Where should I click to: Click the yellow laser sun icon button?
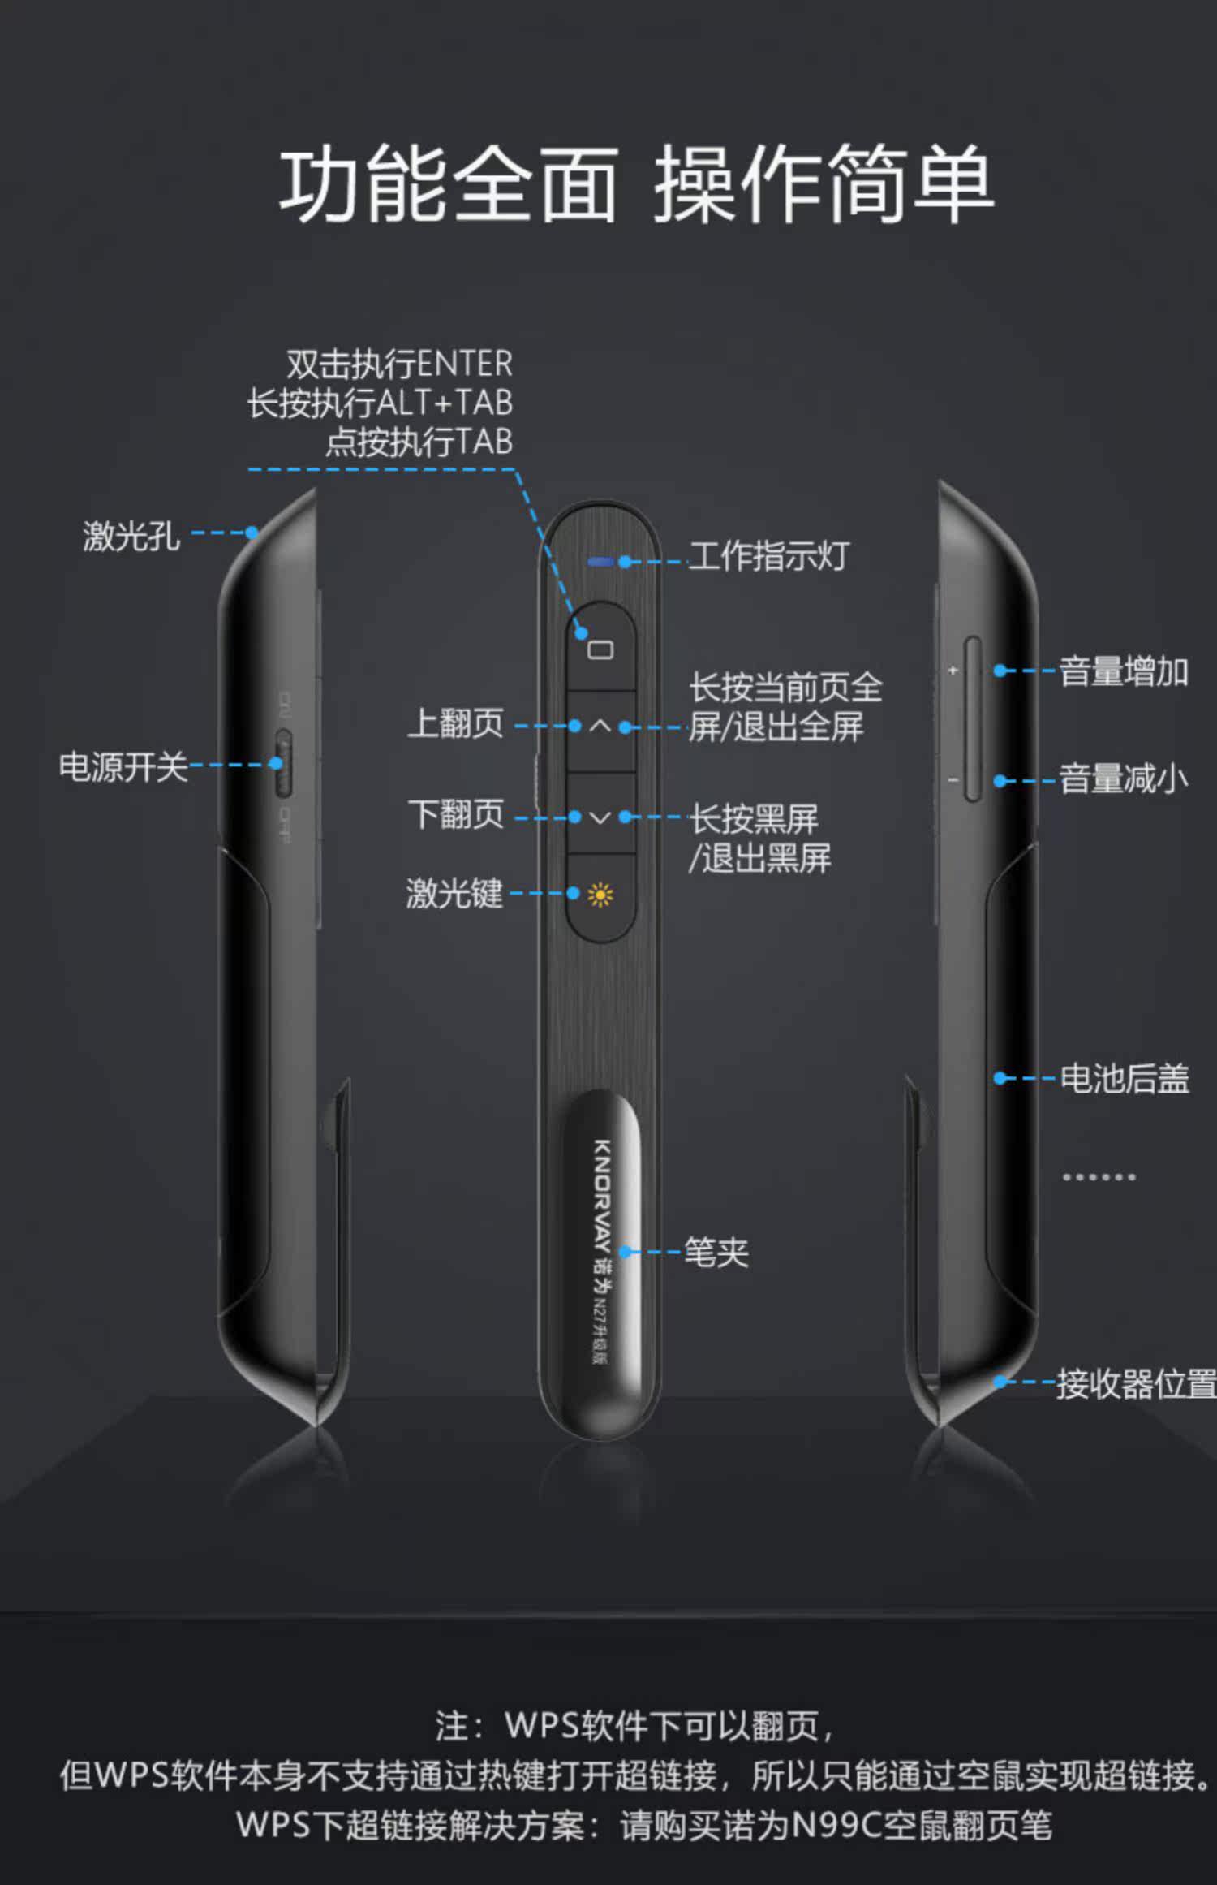pos(600,895)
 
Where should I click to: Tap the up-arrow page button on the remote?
pos(600,727)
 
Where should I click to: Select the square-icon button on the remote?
pos(600,649)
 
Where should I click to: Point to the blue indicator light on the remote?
pos(601,561)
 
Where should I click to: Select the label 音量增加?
pos(1124,672)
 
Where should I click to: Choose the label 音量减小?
pos(1124,779)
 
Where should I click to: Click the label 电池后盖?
pos(1125,1079)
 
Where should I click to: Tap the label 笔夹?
pos(716,1252)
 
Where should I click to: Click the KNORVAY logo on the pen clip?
pos(602,1193)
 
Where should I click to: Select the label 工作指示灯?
pos(768,557)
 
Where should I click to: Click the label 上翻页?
pos(456,723)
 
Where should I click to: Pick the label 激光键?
pos(454,894)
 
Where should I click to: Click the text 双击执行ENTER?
pos(399,364)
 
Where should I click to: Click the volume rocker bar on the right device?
pos(973,719)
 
